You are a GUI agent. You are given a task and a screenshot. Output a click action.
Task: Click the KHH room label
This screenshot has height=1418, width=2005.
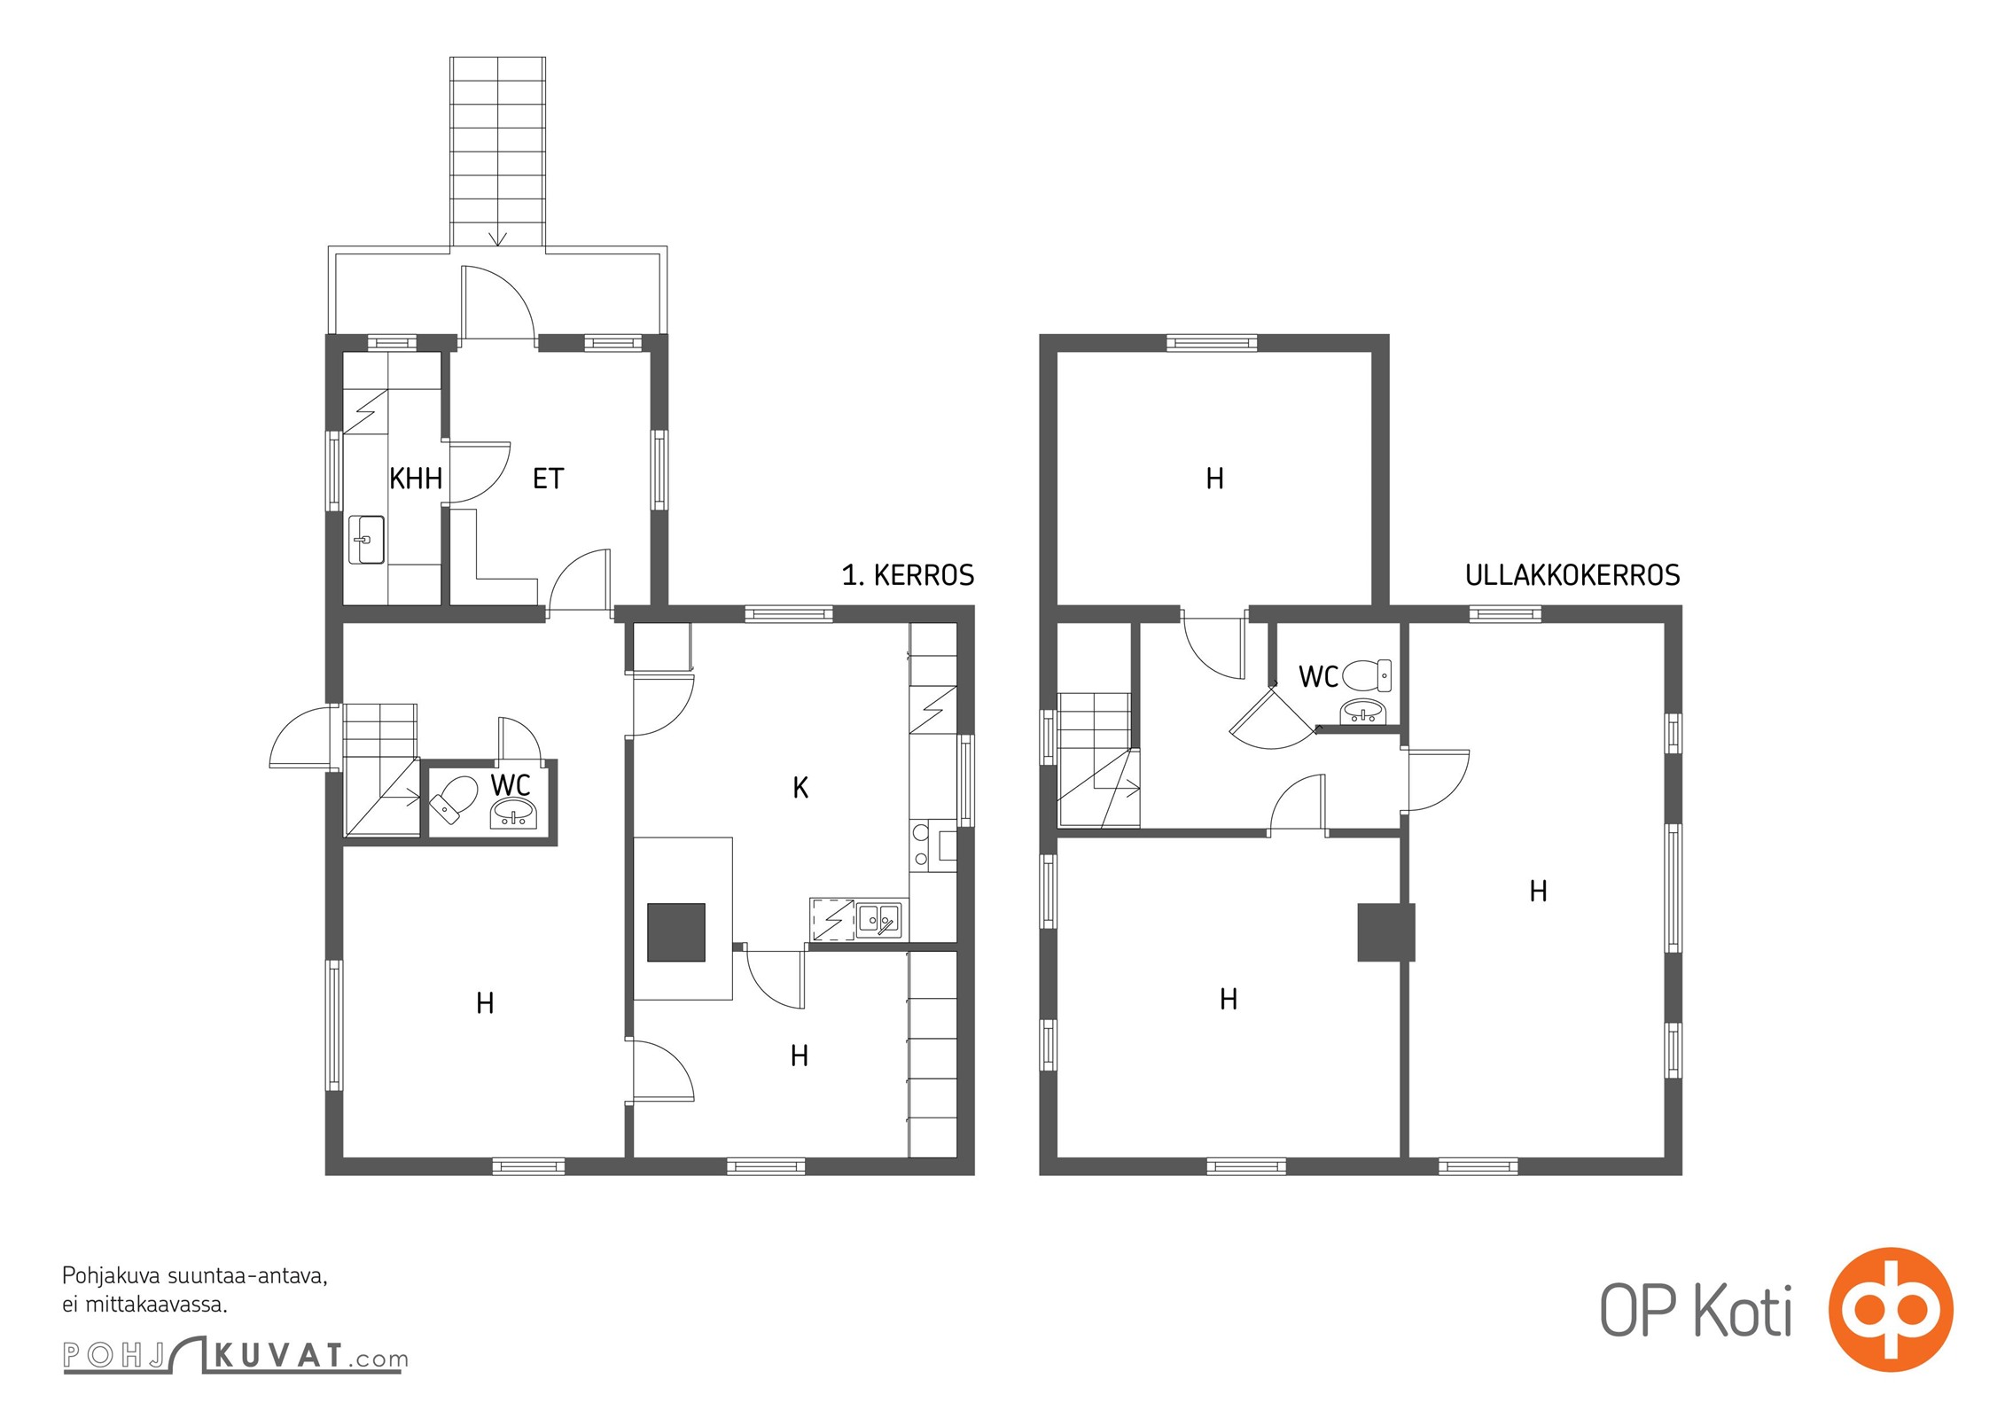(x=416, y=479)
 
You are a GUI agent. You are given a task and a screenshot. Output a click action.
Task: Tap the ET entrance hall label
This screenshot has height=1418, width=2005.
(x=548, y=479)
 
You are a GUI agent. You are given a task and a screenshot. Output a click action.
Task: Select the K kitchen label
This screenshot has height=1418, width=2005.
(x=800, y=788)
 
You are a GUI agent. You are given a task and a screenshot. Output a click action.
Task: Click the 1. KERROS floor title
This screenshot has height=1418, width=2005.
(x=908, y=575)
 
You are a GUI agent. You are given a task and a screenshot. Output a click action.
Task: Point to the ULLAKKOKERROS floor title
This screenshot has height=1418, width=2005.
(x=1572, y=575)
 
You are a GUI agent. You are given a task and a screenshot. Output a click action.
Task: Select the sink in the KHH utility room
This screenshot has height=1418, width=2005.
(x=366, y=540)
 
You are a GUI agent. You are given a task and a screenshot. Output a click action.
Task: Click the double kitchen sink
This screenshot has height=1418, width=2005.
(x=878, y=921)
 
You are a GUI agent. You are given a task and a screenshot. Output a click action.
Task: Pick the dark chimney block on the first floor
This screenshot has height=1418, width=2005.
(x=676, y=932)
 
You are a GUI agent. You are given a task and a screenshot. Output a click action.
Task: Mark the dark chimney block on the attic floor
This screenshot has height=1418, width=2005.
(x=1386, y=932)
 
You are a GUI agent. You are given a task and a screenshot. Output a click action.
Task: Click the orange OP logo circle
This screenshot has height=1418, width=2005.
(x=1891, y=1310)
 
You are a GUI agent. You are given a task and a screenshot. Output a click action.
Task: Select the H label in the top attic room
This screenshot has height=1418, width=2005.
(x=1214, y=479)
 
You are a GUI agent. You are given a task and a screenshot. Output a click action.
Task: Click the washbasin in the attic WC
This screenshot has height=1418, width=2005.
(x=1363, y=710)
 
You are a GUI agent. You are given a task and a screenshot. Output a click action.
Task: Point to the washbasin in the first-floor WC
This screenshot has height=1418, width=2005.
(x=513, y=813)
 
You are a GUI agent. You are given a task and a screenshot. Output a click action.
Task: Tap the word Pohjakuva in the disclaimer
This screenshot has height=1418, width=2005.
(x=112, y=1277)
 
